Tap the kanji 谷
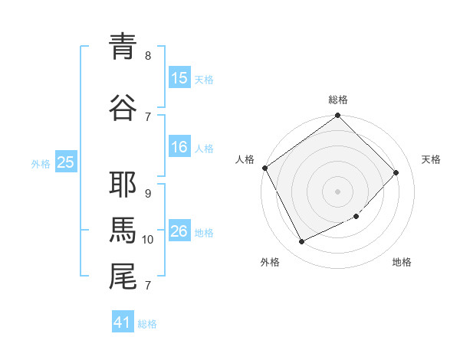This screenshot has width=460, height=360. tap(123, 108)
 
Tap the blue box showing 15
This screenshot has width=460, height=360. tap(179, 78)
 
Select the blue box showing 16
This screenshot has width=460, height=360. tap(179, 147)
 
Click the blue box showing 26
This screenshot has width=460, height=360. tap(179, 231)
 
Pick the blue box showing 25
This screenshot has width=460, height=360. tap(65, 162)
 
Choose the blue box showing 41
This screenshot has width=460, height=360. tap(123, 322)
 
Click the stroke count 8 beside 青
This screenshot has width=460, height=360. tap(148, 55)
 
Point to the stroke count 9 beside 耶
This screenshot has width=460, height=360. tap(148, 194)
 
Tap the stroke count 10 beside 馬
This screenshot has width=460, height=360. tap(148, 240)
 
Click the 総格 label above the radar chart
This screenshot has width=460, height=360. tap(338, 100)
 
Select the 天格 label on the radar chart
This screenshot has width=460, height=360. tap(431, 159)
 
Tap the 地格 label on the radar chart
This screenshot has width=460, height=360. tap(402, 262)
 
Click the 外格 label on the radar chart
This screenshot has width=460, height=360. tap(270, 262)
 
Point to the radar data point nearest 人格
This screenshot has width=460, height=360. tap(264, 168)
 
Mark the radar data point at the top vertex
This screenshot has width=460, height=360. tap(338, 116)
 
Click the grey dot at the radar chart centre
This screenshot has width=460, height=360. tap(338, 191)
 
